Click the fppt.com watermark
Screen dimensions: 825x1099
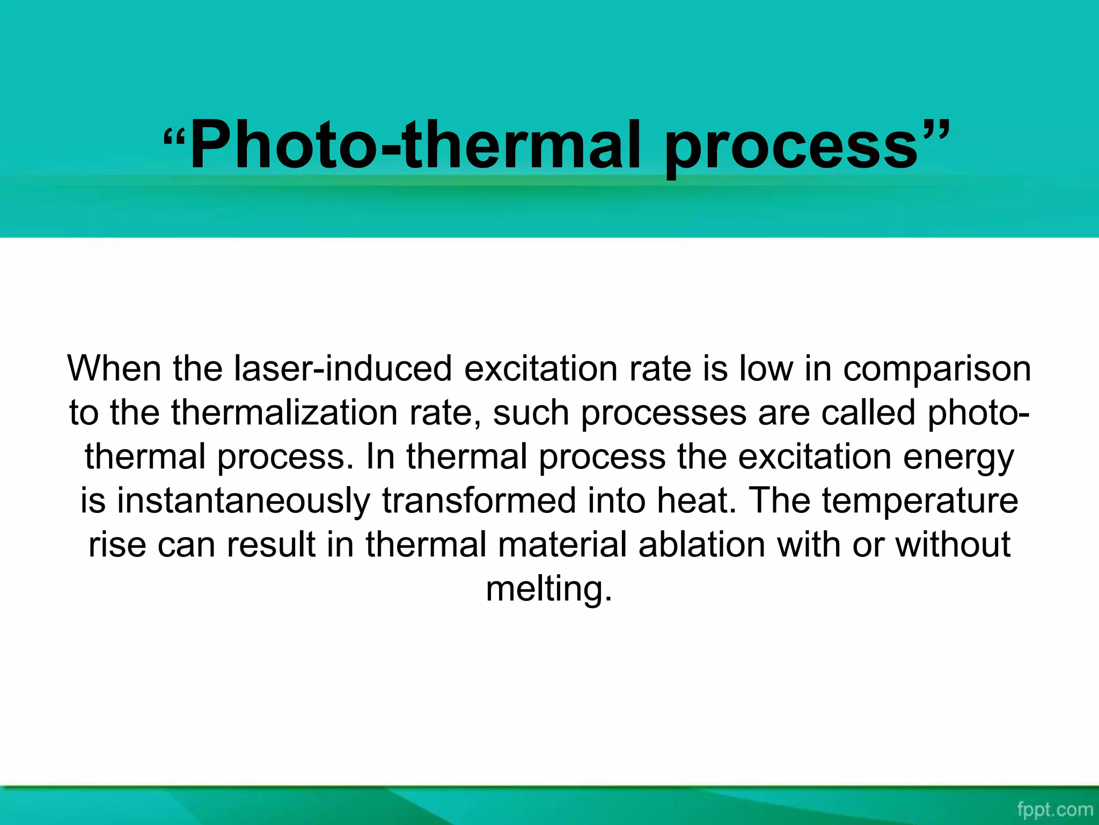coord(1054,809)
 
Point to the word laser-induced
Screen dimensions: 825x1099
coord(343,368)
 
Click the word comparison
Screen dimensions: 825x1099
coord(937,368)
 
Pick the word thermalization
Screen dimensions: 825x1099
coord(285,412)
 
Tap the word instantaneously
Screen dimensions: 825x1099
coord(243,501)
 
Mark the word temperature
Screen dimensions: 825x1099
coord(920,501)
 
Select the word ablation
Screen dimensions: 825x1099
coord(702,545)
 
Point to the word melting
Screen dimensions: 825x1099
coord(548,589)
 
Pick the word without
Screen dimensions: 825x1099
coord(953,545)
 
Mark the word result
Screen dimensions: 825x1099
coord(271,545)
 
